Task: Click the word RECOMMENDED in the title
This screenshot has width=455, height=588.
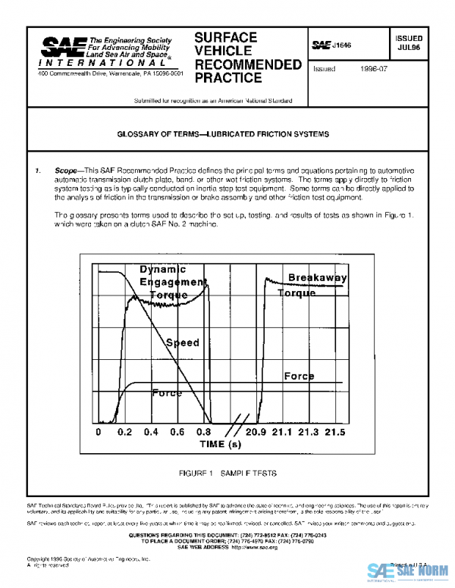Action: point(248,64)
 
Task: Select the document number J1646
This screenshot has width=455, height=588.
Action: point(343,45)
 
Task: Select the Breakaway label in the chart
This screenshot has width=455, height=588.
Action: point(317,278)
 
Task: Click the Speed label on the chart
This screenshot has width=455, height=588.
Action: point(183,342)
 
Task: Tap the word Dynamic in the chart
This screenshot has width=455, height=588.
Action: point(162,269)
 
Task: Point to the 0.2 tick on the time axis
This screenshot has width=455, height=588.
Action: point(124,432)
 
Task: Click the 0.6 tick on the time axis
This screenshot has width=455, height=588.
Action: point(177,432)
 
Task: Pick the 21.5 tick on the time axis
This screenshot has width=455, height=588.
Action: point(334,432)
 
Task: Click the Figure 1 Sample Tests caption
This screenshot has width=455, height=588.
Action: point(227,473)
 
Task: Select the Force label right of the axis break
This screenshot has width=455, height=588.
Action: point(299,377)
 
